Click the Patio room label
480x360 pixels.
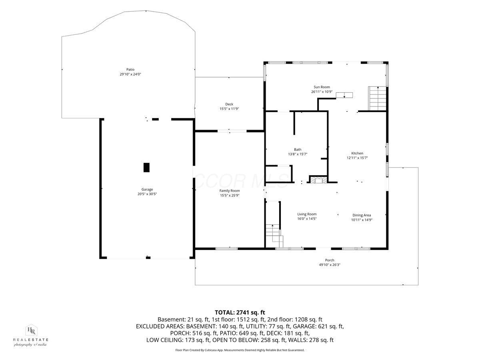(130, 70)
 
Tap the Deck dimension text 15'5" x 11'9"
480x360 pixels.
(229, 109)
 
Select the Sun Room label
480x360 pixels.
(322, 87)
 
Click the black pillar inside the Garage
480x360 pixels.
(146, 168)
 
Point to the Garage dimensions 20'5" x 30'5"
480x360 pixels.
(147, 194)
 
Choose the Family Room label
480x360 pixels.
(230, 191)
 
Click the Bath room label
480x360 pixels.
(298, 150)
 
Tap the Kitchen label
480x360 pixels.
(357, 153)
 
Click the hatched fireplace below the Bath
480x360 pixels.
(318, 179)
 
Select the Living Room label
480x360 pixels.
(307, 214)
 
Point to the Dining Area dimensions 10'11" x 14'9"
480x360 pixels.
(362, 220)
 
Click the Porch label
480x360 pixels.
(330, 260)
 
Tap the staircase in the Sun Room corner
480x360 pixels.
(378, 98)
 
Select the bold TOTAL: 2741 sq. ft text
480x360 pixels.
(240, 312)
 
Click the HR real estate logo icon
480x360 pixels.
(31, 330)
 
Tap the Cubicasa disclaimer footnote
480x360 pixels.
(240, 350)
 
